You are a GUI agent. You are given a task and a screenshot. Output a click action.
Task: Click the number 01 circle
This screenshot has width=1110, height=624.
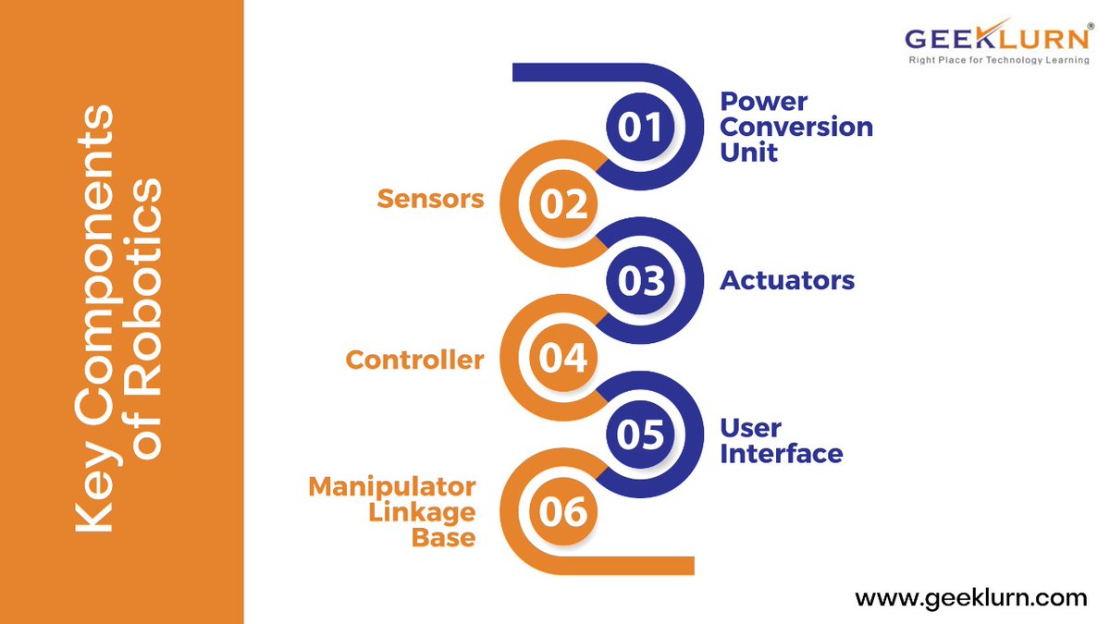(x=641, y=128)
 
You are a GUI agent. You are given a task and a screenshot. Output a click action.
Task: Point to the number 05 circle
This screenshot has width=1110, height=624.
(x=641, y=434)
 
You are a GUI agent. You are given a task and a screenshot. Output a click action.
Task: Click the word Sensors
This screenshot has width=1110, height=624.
(x=430, y=199)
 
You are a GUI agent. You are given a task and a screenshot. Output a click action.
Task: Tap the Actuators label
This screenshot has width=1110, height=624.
(x=787, y=280)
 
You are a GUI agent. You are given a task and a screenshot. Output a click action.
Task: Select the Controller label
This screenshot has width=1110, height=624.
(x=414, y=360)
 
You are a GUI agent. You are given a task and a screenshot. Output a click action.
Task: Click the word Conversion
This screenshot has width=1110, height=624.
(x=796, y=127)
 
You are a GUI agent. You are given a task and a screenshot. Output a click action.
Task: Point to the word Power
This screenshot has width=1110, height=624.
(x=763, y=101)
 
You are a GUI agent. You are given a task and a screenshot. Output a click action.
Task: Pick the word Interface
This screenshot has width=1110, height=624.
(x=781, y=454)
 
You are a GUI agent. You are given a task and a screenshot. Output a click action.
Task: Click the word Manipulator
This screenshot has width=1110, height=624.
(x=392, y=486)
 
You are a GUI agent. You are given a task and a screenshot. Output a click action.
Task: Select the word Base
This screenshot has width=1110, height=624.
(x=444, y=537)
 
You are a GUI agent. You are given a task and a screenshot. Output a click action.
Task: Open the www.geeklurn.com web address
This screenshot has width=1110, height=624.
(x=970, y=598)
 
